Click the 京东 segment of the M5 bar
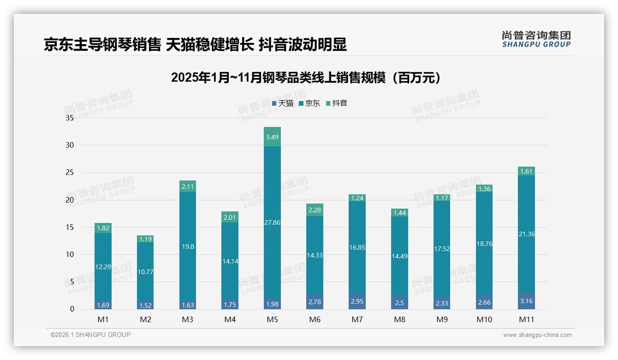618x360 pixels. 273,222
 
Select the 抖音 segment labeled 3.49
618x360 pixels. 273,137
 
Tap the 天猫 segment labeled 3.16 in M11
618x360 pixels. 526,301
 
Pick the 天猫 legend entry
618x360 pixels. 283,103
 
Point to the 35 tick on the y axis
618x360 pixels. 70,118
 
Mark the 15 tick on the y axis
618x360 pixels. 70,227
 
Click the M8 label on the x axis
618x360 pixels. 399,319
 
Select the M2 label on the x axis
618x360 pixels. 146,319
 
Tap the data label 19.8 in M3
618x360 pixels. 188,246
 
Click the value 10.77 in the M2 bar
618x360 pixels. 146,272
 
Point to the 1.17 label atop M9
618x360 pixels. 442,198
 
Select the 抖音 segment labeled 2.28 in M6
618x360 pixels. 315,210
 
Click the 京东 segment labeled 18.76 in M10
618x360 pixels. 484,244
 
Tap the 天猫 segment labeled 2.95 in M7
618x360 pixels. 357,301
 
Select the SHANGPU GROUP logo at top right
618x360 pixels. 536,39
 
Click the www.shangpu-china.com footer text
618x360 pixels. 537,335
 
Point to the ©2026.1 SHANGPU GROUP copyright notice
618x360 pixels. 90,335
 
